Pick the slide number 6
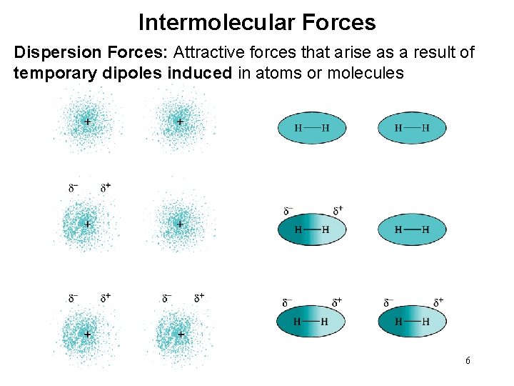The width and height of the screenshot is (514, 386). (x=468, y=361)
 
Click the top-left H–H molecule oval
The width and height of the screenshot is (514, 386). (x=312, y=128)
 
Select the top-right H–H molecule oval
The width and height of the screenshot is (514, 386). (x=412, y=128)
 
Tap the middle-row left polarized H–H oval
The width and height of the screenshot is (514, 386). (x=312, y=229)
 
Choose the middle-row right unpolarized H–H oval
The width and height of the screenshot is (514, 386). (x=412, y=229)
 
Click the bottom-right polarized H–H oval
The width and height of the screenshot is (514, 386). (x=412, y=322)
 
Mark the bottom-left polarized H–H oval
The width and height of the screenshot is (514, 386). (x=312, y=322)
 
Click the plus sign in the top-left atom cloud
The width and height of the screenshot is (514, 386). (x=88, y=122)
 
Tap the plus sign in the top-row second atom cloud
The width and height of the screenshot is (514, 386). (x=180, y=122)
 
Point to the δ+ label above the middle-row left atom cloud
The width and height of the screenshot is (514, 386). (x=106, y=188)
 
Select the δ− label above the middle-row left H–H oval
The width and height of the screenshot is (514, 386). (x=288, y=211)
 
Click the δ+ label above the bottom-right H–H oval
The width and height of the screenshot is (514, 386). (x=438, y=302)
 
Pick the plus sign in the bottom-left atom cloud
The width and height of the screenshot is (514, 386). (x=88, y=334)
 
